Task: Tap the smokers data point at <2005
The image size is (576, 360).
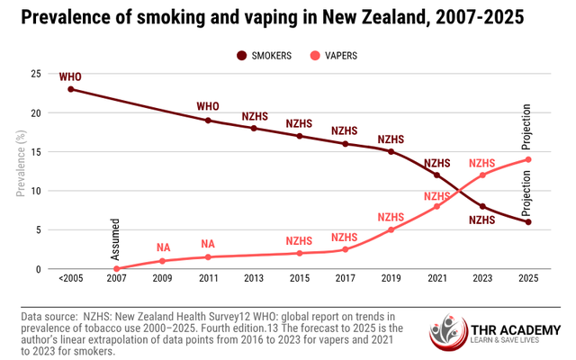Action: [x=70, y=89]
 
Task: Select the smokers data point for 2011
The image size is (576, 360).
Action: [x=208, y=121]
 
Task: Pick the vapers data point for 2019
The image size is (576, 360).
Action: [x=391, y=229]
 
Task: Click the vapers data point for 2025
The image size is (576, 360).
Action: [x=528, y=159]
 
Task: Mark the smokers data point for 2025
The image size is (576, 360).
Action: [x=528, y=221]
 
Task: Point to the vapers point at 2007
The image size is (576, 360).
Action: [x=116, y=268]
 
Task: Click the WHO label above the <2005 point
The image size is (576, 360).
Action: [x=70, y=76]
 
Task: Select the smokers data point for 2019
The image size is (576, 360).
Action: [x=391, y=151]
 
